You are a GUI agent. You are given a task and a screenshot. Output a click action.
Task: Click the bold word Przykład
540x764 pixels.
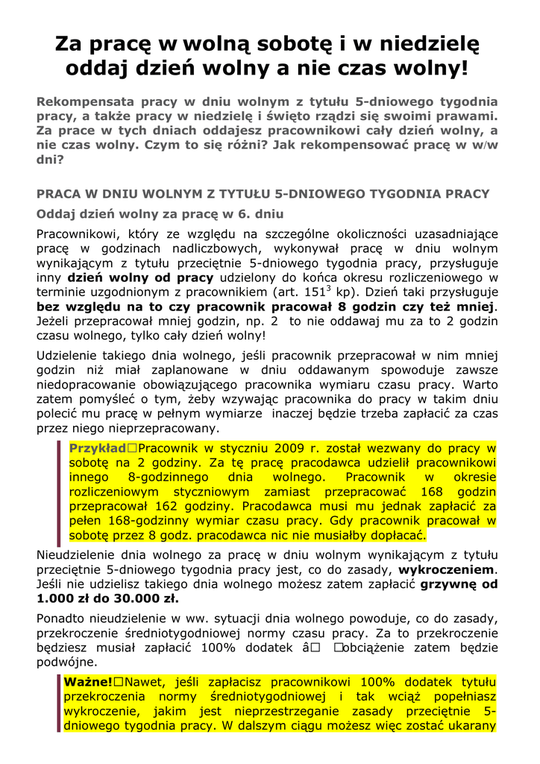pos(98,448)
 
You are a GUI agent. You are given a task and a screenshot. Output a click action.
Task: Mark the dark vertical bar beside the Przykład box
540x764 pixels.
pos(59,492)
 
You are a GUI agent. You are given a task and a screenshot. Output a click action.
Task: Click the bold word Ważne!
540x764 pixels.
pos(88,682)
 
